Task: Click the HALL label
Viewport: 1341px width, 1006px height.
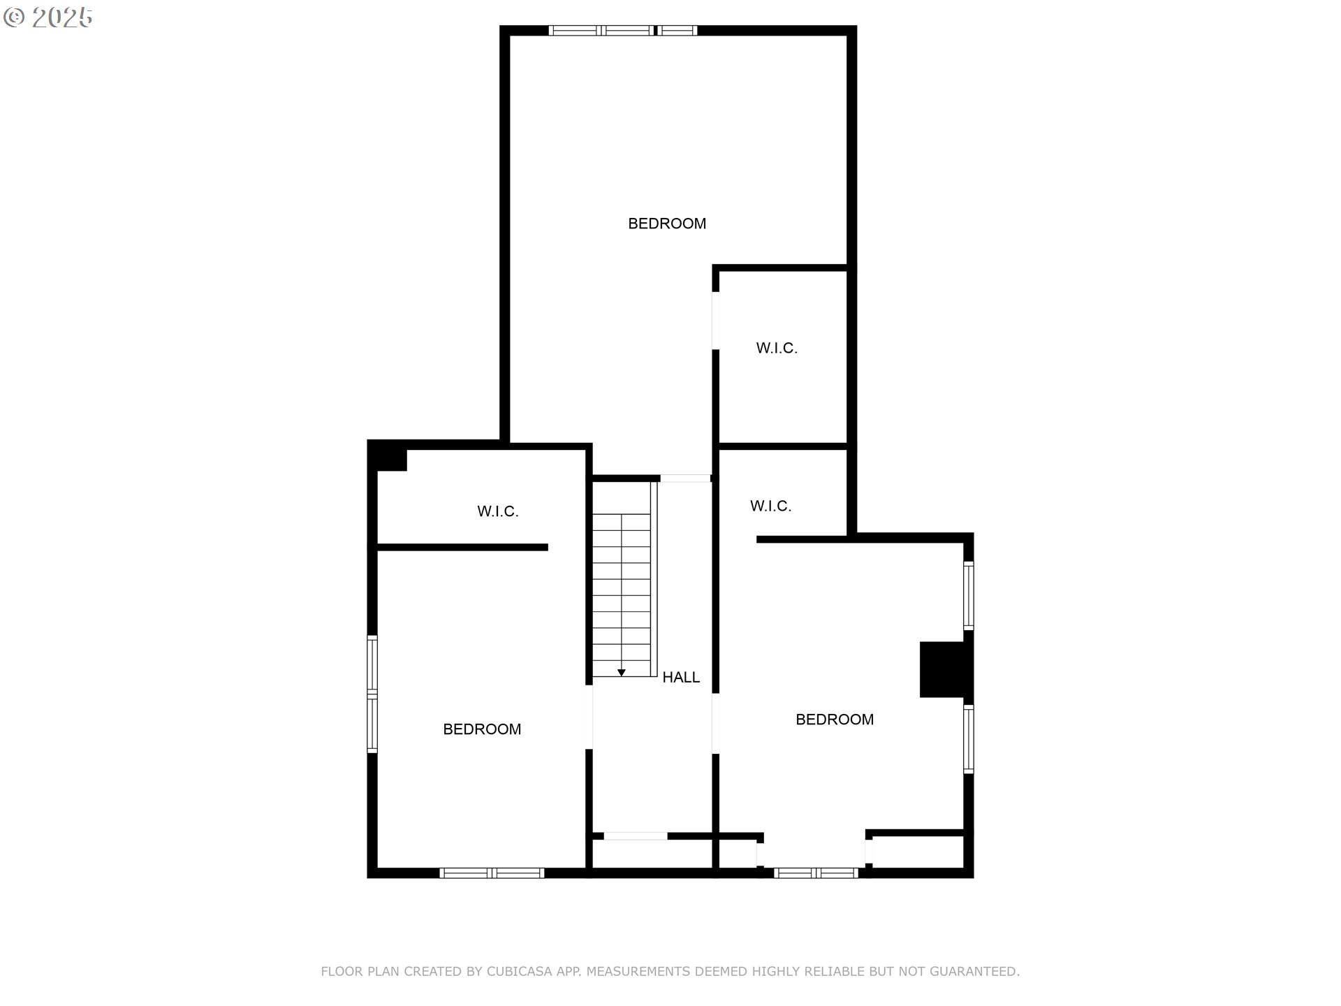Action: pos(680,677)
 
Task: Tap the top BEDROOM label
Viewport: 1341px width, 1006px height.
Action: pos(666,224)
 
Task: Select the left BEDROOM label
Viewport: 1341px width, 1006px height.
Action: pos(482,729)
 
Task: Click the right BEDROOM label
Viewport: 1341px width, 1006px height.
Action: pos(834,720)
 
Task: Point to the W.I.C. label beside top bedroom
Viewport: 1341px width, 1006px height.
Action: pos(776,348)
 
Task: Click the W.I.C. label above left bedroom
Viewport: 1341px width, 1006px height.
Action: pos(497,511)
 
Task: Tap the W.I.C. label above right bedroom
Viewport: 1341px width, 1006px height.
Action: pos(770,506)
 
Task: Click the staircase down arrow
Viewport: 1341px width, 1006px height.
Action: pos(621,672)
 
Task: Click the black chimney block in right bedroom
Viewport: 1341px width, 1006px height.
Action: pos(944,669)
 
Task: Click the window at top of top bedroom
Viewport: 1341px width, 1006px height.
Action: pos(622,30)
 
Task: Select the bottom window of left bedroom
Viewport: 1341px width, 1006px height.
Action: pos(492,873)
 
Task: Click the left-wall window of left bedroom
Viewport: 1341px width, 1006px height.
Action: pos(372,694)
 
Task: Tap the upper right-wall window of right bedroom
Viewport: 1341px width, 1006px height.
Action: pos(968,595)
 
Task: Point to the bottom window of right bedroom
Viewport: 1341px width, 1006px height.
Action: pos(816,873)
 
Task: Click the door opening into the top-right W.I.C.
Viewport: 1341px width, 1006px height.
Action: pos(715,320)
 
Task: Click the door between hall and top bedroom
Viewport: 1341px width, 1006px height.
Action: pos(685,479)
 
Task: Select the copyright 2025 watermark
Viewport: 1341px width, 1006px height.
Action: pos(47,17)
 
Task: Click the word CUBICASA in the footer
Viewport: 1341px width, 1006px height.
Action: pos(519,971)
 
